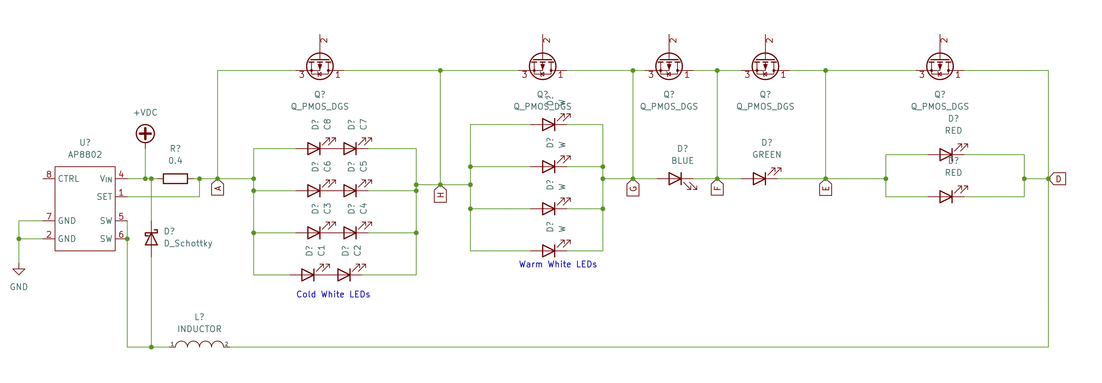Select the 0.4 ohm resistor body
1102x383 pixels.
click(x=175, y=179)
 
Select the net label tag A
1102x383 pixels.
click(x=218, y=188)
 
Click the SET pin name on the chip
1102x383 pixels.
click(x=104, y=197)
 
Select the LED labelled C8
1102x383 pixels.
click(x=314, y=149)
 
